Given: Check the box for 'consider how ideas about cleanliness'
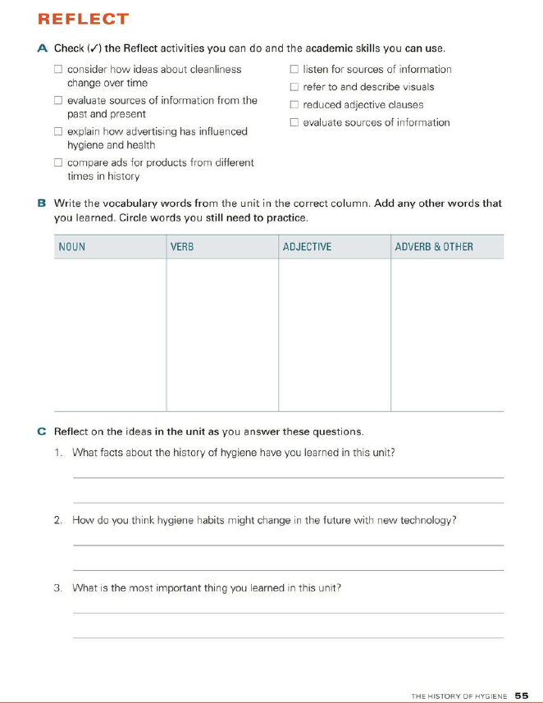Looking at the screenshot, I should click(59, 70).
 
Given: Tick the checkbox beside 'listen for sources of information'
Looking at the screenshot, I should click(294, 70).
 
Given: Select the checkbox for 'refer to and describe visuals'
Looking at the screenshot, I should click(294, 87).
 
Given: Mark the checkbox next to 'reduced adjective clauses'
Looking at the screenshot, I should click(294, 105).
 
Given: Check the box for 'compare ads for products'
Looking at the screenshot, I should click(59, 162).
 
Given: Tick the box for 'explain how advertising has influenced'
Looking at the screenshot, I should click(59, 131).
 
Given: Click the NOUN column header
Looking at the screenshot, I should click(72, 247).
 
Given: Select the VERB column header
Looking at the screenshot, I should click(182, 247).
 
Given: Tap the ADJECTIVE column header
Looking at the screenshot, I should click(307, 247).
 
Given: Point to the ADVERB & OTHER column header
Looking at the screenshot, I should click(434, 247).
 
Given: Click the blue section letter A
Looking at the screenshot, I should click(43, 49).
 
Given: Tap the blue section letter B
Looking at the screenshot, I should click(42, 203).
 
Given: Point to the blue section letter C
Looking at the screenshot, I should click(42, 431).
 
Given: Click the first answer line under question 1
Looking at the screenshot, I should click(288, 476).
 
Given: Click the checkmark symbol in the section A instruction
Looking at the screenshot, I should click(92, 49).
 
